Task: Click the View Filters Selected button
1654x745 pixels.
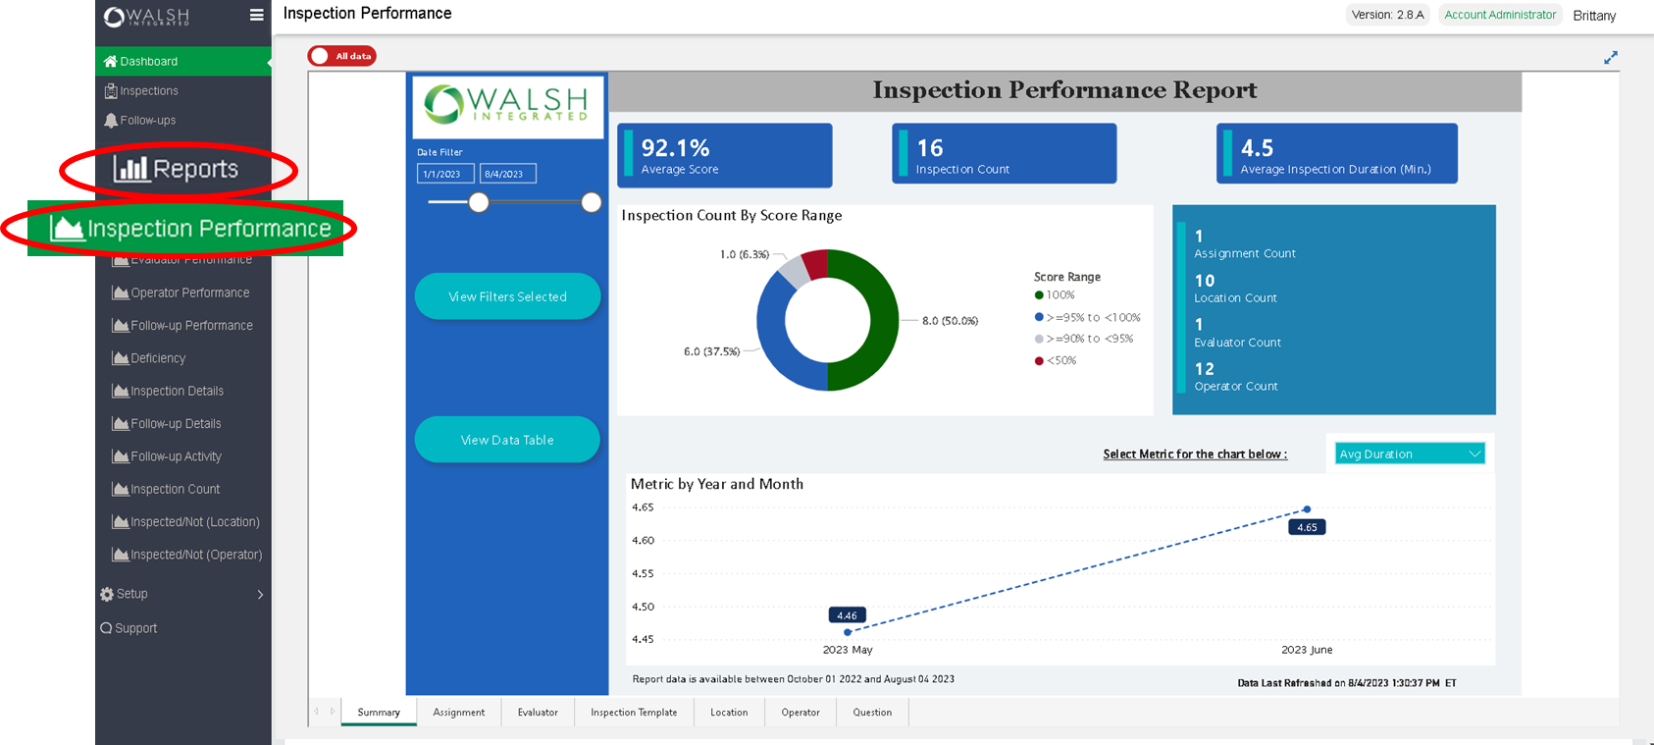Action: pos(507,296)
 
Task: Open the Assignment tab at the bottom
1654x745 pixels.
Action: pos(458,713)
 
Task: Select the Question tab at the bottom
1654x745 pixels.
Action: pos(872,713)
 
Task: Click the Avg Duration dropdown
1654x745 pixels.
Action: pos(1410,453)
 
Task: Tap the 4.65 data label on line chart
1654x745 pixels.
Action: pos(1307,527)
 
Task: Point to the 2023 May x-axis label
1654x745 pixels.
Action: pos(848,650)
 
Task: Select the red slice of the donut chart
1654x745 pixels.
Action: pos(815,264)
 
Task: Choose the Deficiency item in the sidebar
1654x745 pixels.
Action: pos(158,358)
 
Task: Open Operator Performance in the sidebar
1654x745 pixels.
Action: pos(189,293)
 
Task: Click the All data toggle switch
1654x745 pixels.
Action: pos(341,56)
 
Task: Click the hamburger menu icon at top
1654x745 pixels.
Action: pos(257,15)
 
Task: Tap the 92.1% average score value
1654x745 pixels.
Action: pos(675,147)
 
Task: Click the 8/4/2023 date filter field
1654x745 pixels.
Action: pos(507,174)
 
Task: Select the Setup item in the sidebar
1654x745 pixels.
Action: pos(131,594)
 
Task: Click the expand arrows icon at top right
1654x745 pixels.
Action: pos(1610,58)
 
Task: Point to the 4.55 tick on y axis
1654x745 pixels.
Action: pos(643,573)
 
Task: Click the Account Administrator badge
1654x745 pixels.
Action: pos(1499,15)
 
